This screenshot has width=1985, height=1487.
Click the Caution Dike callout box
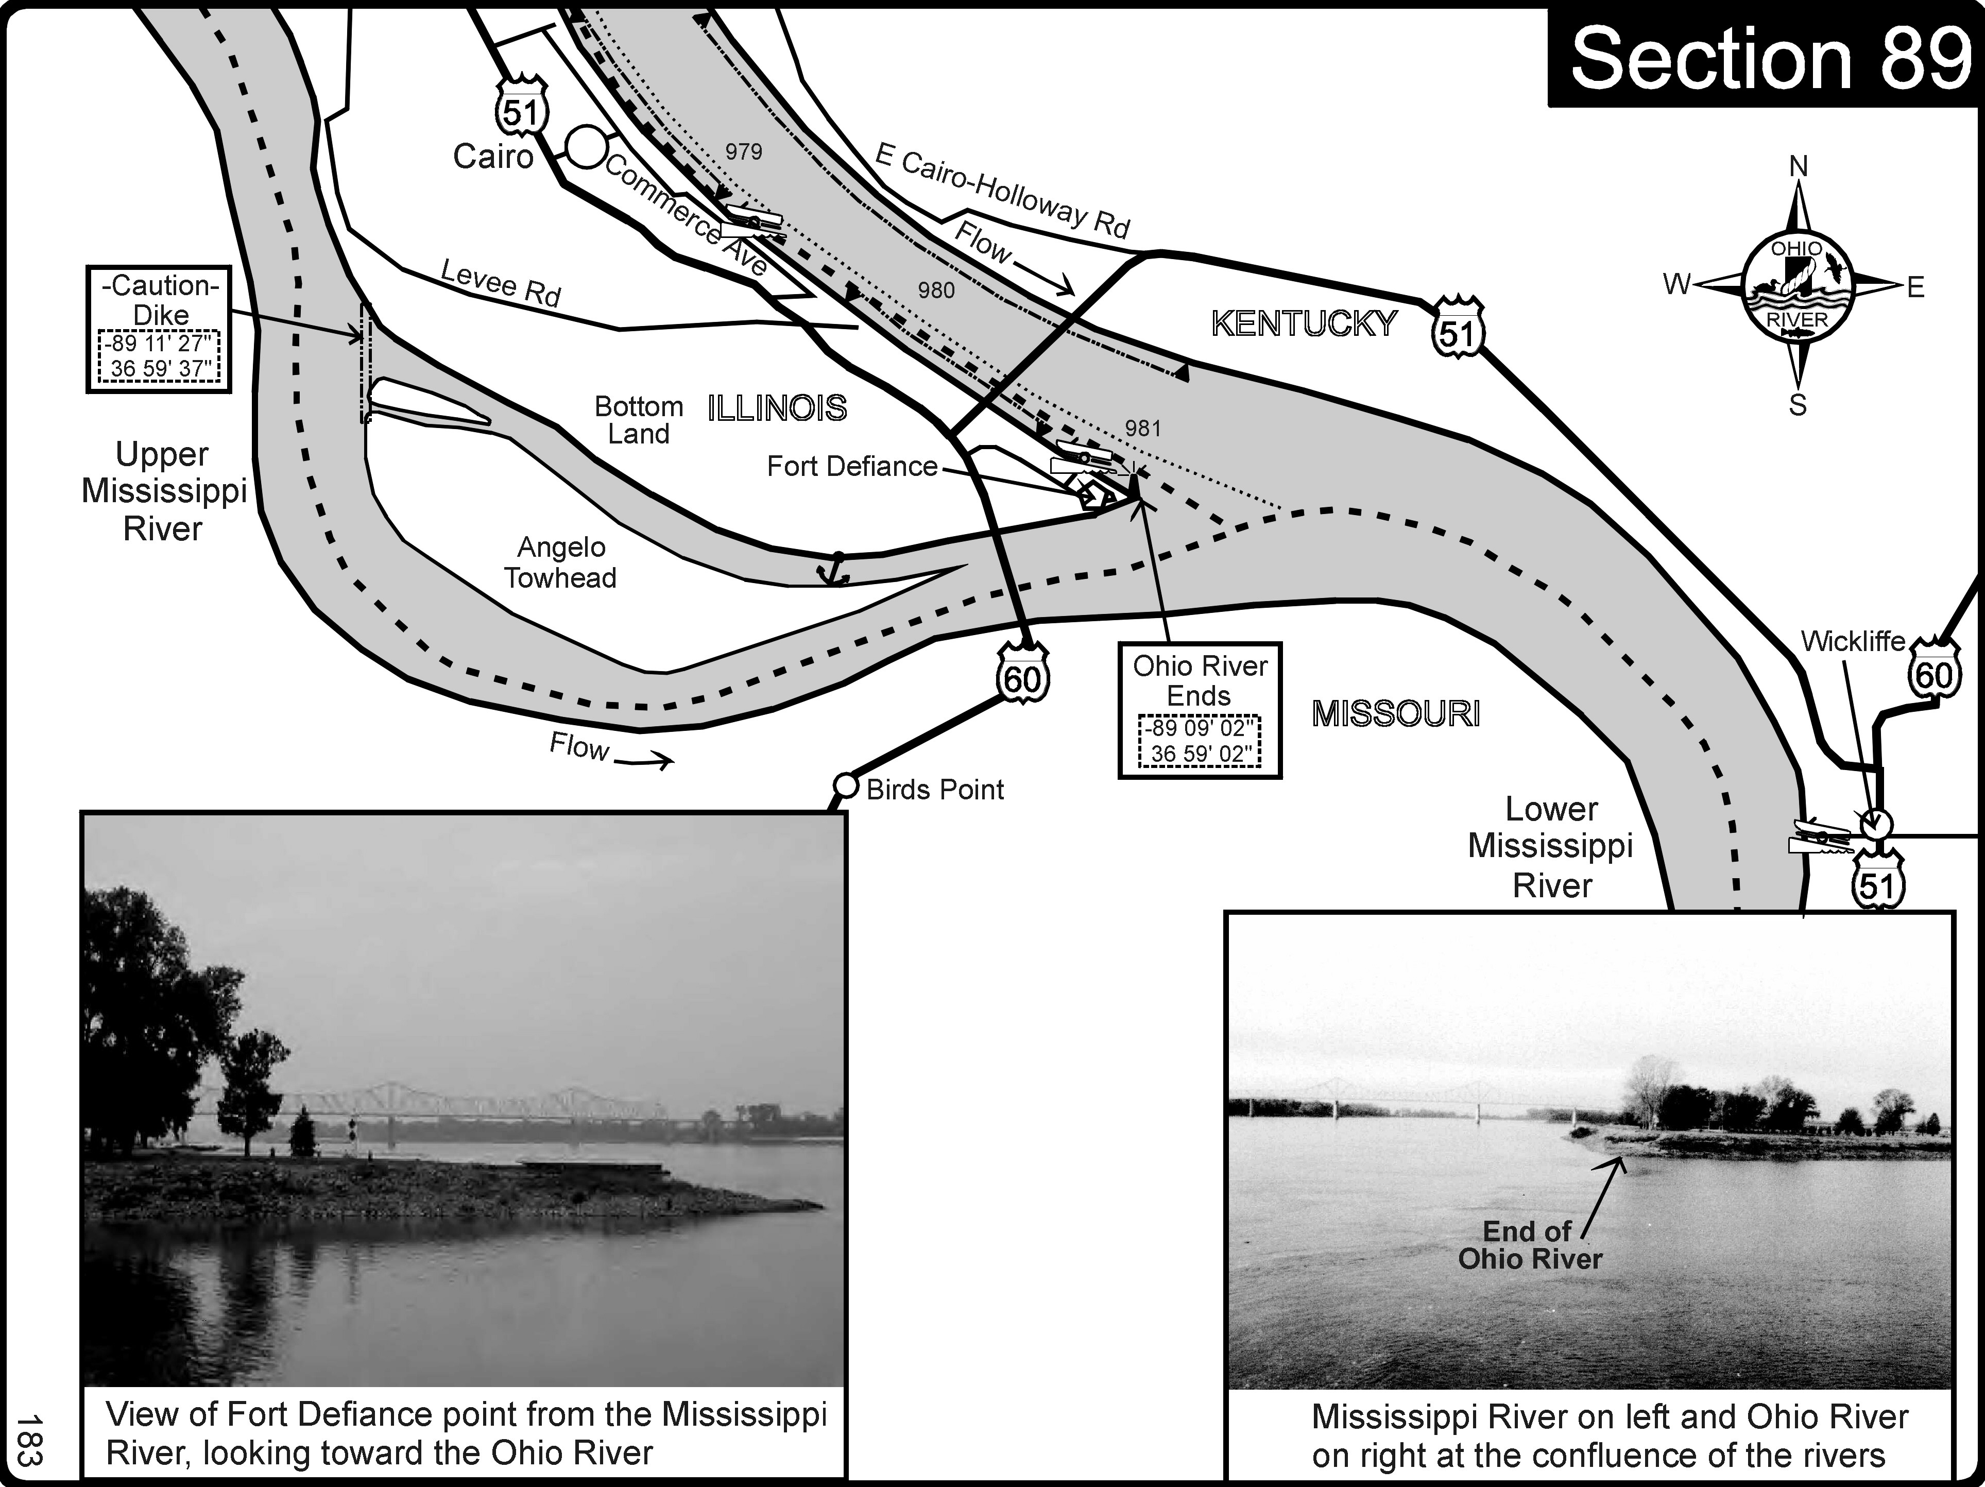(159, 329)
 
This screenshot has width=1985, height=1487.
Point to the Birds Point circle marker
(845, 786)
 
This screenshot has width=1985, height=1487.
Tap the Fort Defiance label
(851, 467)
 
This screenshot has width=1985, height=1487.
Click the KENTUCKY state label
(1304, 324)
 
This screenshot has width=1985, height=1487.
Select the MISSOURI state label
(1395, 714)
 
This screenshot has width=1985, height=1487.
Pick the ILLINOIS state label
(777, 409)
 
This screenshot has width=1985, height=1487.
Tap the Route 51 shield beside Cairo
(521, 110)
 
